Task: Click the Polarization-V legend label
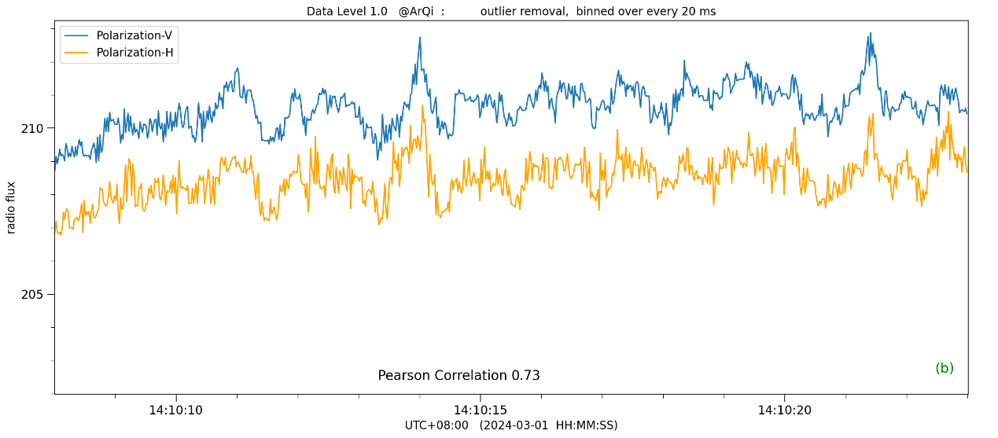coord(134,35)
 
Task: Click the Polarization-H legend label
coord(134,53)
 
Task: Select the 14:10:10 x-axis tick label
coord(176,410)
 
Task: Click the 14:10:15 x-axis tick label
coord(481,410)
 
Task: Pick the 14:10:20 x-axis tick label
coord(784,410)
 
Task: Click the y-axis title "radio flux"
coord(11,207)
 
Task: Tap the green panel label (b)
coord(944,368)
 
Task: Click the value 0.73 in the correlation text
coord(525,375)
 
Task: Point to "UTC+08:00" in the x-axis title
coord(436,425)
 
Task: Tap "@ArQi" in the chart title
coord(416,11)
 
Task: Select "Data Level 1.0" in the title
coord(347,11)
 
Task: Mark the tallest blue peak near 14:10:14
coord(420,37)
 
